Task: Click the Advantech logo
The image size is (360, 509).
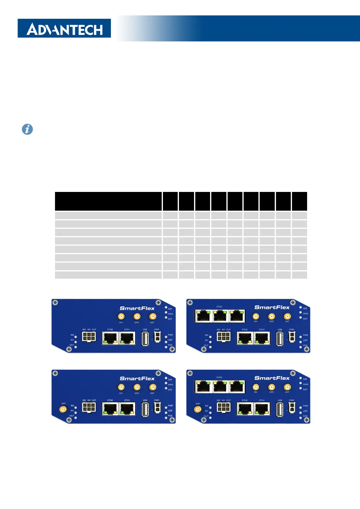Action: (x=64, y=28)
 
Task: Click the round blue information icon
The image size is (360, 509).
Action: (x=27, y=129)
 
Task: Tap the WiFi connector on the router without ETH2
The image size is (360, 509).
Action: (x=63, y=410)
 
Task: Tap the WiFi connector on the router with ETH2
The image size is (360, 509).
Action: (x=197, y=410)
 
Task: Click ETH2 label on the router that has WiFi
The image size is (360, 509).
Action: (x=219, y=378)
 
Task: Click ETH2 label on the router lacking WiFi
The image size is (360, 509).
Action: (x=219, y=307)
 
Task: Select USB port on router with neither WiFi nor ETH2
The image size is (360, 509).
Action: (x=145, y=339)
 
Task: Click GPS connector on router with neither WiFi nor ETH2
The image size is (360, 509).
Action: (x=137, y=316)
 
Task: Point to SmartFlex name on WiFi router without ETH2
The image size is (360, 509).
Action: (x=137, y=378)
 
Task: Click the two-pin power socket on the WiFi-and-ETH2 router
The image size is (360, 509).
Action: (x=292, y=408)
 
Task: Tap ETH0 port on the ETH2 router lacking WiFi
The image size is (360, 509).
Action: (x=245, y=338)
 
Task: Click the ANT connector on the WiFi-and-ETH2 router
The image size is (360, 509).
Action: (x=287, y=387)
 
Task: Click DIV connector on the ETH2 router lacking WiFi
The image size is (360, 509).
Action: (x=256, y=316)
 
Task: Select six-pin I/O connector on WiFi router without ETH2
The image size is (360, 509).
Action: (x=89, y=407)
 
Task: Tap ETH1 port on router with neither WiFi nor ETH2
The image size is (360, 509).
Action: (x=127, y=338)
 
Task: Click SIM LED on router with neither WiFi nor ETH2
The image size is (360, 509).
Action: (x=166, y=307)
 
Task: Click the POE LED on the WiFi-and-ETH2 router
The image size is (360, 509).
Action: (x=300, y=418)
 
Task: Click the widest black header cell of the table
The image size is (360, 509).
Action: (x=108, y=201)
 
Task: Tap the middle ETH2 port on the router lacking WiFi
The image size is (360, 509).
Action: (x=220, y=316)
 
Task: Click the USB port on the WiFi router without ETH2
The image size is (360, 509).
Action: (x=145, y=409)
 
